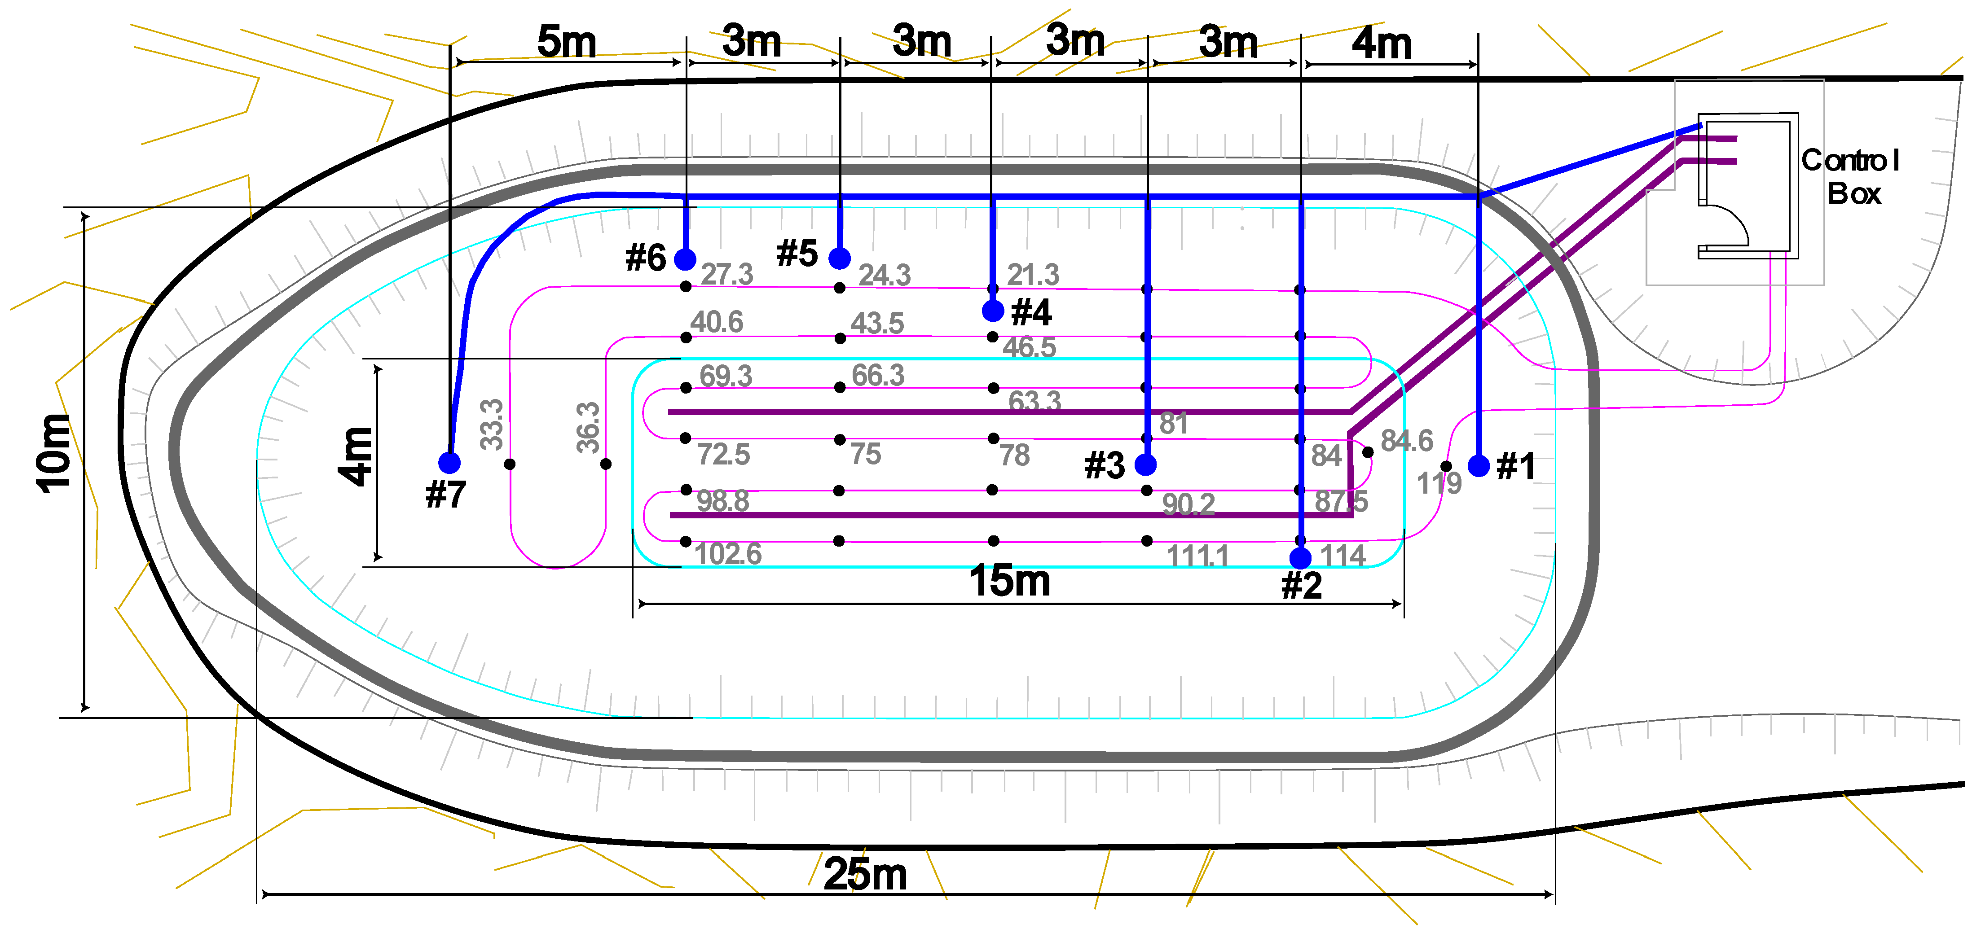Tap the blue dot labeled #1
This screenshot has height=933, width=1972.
coord(1478,465)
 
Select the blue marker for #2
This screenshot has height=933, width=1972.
coord(1300,558)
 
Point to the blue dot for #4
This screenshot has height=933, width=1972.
coord(993,311)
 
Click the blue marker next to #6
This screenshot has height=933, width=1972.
coord(685,259)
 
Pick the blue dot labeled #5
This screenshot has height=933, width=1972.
coord(840,258)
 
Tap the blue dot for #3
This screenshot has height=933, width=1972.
coord(1145,464)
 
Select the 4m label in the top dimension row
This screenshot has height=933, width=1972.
coord(1382,43)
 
